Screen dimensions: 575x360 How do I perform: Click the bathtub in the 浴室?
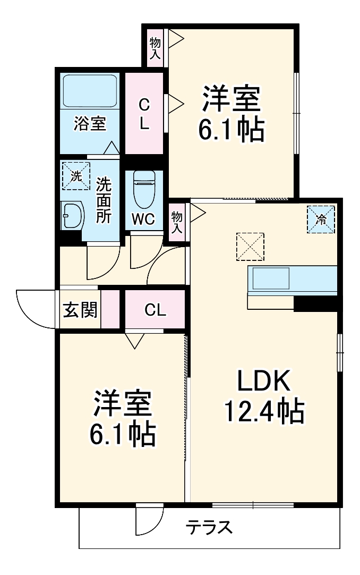pos(90,90)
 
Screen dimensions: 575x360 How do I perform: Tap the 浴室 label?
pos(90,124)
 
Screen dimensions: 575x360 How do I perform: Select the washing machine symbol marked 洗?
pos(76,176)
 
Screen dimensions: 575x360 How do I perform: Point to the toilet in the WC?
pos(143,190)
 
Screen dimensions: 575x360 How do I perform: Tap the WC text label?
pos(143,219)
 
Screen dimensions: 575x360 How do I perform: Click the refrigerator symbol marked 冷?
pos(321,219)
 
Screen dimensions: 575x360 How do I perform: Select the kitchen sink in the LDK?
pos(271,278)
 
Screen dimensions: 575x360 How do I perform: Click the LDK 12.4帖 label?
pos(263,396)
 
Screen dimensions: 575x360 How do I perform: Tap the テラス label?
pos(209,528)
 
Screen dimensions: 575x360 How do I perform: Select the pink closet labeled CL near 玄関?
pos(155,310)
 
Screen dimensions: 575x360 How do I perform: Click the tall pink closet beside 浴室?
pos(144,113)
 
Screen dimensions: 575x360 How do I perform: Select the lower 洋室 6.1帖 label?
pos(122,418)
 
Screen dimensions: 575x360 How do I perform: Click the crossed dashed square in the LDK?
pos(250,246)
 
